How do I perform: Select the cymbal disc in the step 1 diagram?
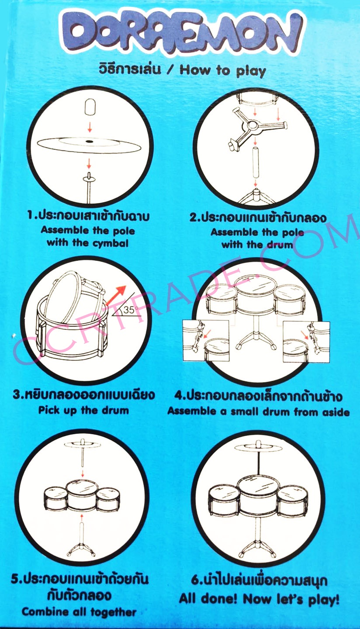pos(89,145)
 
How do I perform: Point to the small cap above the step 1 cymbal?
pos(90,107)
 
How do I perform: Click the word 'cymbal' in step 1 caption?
pos(111,243)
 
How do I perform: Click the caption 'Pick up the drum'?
pos(83,411)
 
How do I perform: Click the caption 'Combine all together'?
pos(79,612)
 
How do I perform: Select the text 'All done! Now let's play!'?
pos(259,599)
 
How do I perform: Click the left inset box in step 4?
pos(206,340)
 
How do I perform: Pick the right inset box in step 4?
pos(306,342)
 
